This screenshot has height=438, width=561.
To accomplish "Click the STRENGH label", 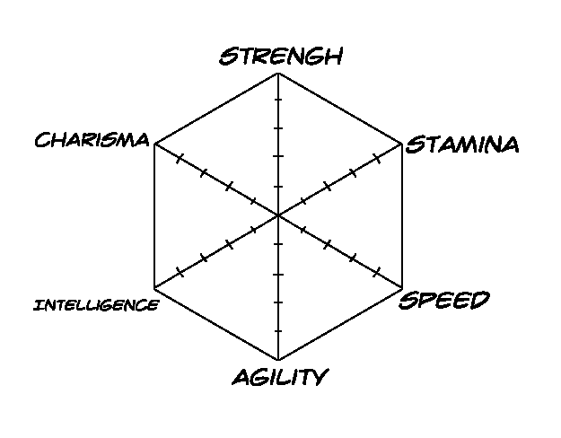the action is point(281,56).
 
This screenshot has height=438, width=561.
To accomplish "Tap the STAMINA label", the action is point(462,145).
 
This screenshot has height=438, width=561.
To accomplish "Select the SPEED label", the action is point(444,300).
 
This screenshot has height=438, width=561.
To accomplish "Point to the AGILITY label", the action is point(280,377).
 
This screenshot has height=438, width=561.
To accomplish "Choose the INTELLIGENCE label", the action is point(96,305).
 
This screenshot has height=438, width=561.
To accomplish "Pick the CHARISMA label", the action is point(92,139).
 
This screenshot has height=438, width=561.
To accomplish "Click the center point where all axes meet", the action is point(278,215).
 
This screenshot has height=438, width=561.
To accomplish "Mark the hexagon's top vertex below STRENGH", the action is point(278,73).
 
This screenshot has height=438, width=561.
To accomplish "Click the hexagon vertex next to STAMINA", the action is point(402,145).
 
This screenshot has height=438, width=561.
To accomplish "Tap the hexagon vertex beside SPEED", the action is point(402,287).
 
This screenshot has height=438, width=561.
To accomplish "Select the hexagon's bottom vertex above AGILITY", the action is point(278,360).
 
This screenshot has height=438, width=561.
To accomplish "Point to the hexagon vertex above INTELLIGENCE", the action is point(154,288).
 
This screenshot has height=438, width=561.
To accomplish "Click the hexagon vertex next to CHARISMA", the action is point(154,145).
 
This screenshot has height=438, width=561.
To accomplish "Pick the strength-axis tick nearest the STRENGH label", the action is point(278,99).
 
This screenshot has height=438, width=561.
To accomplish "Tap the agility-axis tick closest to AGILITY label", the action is point(278,331).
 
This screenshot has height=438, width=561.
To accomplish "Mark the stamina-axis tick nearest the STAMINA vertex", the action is point(377,158).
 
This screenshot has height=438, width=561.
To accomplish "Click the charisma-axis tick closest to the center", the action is point(253,201).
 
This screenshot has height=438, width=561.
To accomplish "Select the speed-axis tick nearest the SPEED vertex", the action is point(376,272).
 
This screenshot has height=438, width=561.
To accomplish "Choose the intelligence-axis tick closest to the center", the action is point(254,230).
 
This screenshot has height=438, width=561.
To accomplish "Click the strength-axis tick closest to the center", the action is point(278,187).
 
